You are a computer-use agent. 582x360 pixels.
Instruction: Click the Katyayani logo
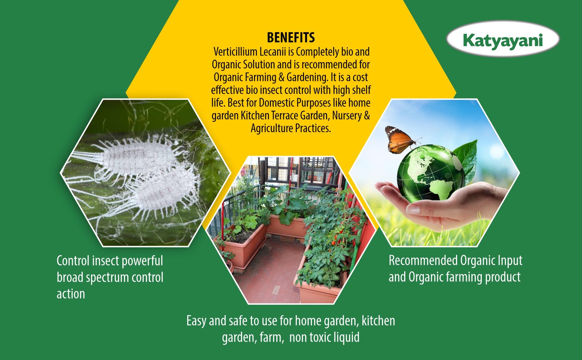pyautogui.click(x=503, y=39)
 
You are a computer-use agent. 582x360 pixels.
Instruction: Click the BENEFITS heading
pyautogui.click(x=291, y=38)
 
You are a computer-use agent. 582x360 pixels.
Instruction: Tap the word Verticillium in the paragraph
pyautogui.click(x=235, y=52)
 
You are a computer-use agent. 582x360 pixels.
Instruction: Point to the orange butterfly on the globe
pyautogui.click(x=400, y=139)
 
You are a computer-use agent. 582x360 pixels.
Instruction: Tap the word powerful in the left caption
pyautogui.click(x=142, y=261)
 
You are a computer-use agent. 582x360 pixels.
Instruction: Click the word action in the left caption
pyautogui.click(x=71, y=294)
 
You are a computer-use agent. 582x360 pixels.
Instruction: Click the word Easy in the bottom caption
pyautogui.click(x=196, y=321)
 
